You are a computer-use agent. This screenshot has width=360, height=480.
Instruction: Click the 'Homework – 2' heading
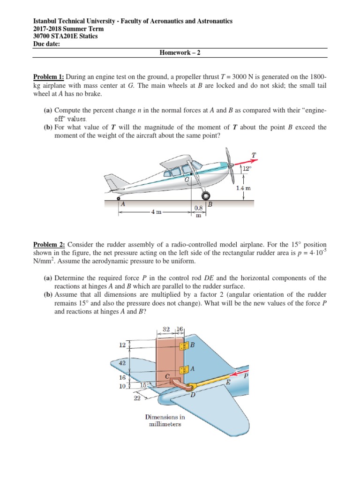[x=180, y=52]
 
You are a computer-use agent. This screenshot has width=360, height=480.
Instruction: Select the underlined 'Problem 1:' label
[x=49, y=77]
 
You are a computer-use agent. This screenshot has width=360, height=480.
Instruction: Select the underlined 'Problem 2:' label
[x=49, y=245]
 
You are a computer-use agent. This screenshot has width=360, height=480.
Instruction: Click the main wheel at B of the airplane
[x=204, y=195]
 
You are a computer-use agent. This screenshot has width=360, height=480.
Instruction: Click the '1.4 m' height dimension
[x=244, y=187]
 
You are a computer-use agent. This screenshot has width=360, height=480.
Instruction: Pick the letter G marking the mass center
[x=187, y=180]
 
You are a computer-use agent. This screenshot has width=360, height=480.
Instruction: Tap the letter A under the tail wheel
[x=123, y=204]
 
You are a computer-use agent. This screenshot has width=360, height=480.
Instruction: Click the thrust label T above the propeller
[x=254, y=155]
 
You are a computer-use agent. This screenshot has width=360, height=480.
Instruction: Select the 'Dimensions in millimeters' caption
[x=163, y=420]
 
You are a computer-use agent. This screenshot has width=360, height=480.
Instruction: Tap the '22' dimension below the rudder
[x=137, y=398]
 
